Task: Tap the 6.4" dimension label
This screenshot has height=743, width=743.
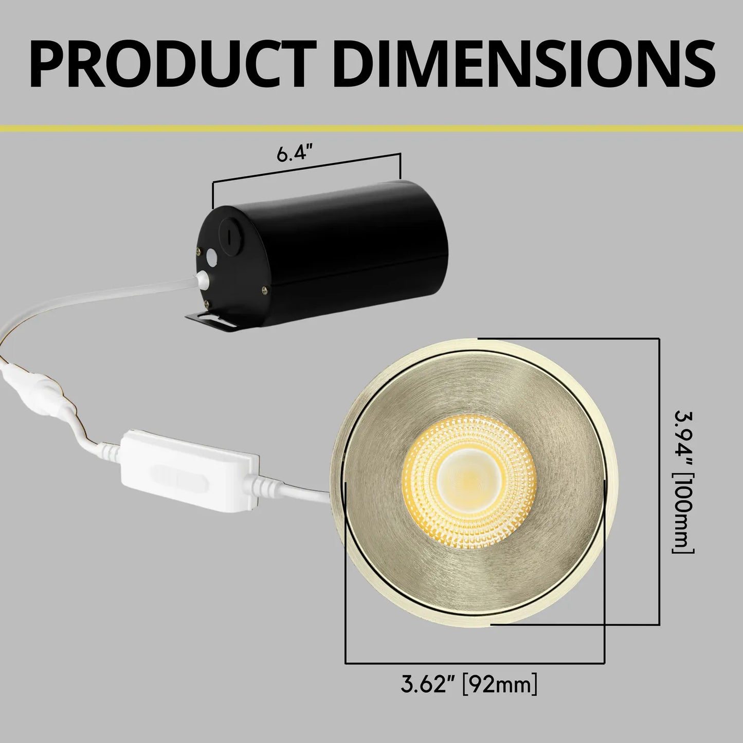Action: [295, 154]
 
